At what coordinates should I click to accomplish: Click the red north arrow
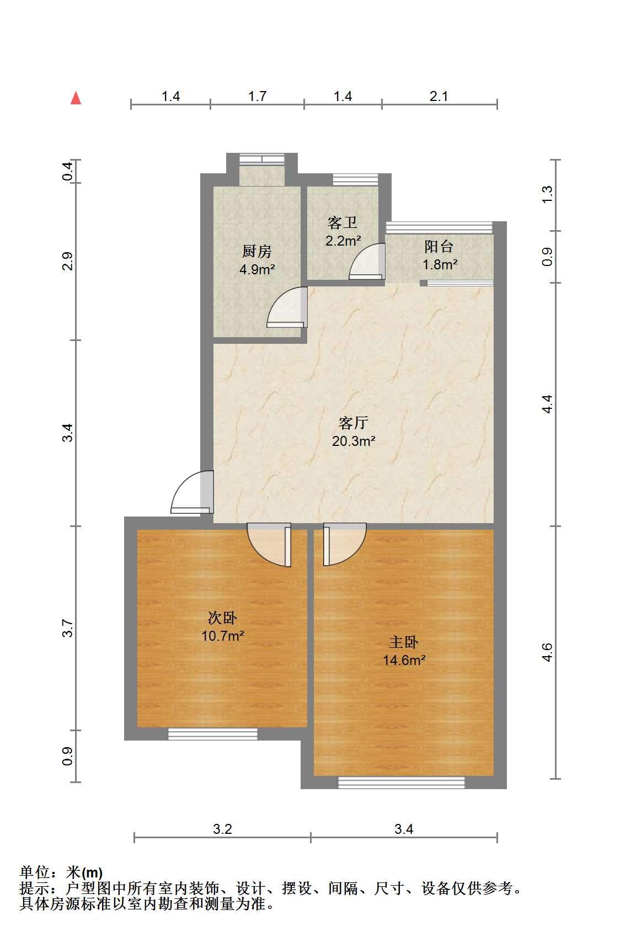point(76,98)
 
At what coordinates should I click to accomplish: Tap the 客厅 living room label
point(353,423)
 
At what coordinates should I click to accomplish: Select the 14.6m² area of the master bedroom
point(404,660)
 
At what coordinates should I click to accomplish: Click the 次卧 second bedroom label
point(222,618)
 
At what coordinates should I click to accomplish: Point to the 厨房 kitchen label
point(257,251)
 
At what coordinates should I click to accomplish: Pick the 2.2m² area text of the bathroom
point(343,241)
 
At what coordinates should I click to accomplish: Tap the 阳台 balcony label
point(439,247)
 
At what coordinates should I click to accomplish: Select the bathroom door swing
point(367,261)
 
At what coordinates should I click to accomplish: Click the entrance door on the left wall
point(192,492)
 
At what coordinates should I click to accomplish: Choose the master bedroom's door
point(345,544)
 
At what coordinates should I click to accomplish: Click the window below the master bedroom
point(402,783)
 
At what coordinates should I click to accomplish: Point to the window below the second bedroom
point(213,734)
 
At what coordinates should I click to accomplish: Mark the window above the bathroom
point(355,179)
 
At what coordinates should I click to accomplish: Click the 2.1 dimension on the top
point(439,97)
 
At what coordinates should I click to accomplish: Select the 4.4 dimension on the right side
point(547,404)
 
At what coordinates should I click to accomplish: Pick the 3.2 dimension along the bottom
point(222,829)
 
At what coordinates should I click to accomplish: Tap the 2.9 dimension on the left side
point(68,261)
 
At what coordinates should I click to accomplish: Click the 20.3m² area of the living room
point(354,441)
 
